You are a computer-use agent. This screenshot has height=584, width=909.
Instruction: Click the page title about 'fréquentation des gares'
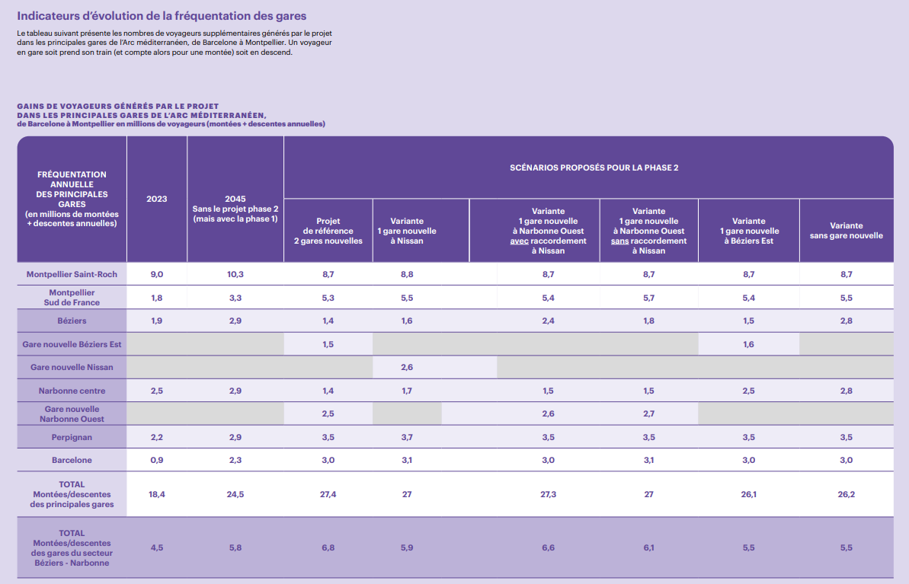click(162, 15)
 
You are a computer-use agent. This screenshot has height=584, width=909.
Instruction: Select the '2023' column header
click(157, 199)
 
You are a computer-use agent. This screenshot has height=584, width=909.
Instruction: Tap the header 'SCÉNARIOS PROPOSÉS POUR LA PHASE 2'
click(594, 167)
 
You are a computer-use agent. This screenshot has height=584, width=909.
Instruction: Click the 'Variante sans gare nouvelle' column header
click(846, 231)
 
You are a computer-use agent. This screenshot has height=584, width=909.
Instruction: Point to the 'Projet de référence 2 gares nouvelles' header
click(328, 231)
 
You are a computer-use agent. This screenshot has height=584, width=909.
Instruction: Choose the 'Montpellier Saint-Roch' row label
click(72, 274)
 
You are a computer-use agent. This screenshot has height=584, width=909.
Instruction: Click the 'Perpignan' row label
click(72, 437)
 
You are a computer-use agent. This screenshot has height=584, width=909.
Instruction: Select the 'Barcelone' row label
click(72, 460)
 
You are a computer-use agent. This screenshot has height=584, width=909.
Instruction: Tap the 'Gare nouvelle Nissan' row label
click(72, 367)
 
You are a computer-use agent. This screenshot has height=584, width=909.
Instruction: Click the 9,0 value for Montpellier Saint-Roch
click(157, 274)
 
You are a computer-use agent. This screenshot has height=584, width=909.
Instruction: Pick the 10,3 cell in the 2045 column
click(235, 274)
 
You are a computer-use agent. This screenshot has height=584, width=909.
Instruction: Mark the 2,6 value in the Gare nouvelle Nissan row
click(407, 367)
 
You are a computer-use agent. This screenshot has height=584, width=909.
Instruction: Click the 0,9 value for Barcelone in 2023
click(157, 460)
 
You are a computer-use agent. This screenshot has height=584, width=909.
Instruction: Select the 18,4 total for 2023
click(157, 494)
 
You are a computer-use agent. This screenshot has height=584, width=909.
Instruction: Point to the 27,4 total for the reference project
click(328, 494)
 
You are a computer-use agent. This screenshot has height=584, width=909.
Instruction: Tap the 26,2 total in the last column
click(846, 494)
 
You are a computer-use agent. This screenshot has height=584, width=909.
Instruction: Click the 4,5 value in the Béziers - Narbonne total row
click(157, 547)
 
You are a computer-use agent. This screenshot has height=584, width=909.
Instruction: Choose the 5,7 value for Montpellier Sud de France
click(648, 298)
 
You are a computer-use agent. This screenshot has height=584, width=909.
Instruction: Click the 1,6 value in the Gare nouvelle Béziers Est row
click(748, 344)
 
